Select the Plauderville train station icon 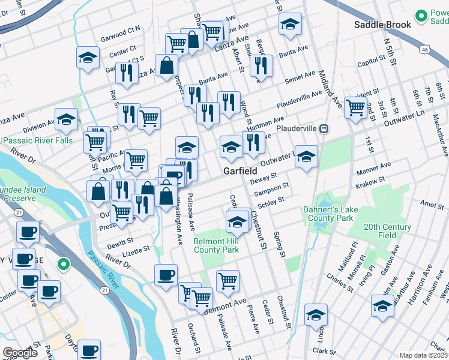pyautogui.click(x=324, y=129)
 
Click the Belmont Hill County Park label pyautogui.click(x=216, y=245)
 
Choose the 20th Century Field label pyautogui.click(x=387, y=231)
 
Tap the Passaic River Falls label pyautogui.click(x=37, y=141)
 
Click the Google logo pyautogui.click(x=20, y=353)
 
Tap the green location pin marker pyautogui.click(x=62, y=264)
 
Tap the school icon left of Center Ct pyautogui.click(x=88, y=58)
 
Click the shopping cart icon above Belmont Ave pyautogui.click(x=228, y=280)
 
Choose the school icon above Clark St pyautogui.click(x=316, y=314)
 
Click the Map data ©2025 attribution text pyautogui.click(x=423, y=355)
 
